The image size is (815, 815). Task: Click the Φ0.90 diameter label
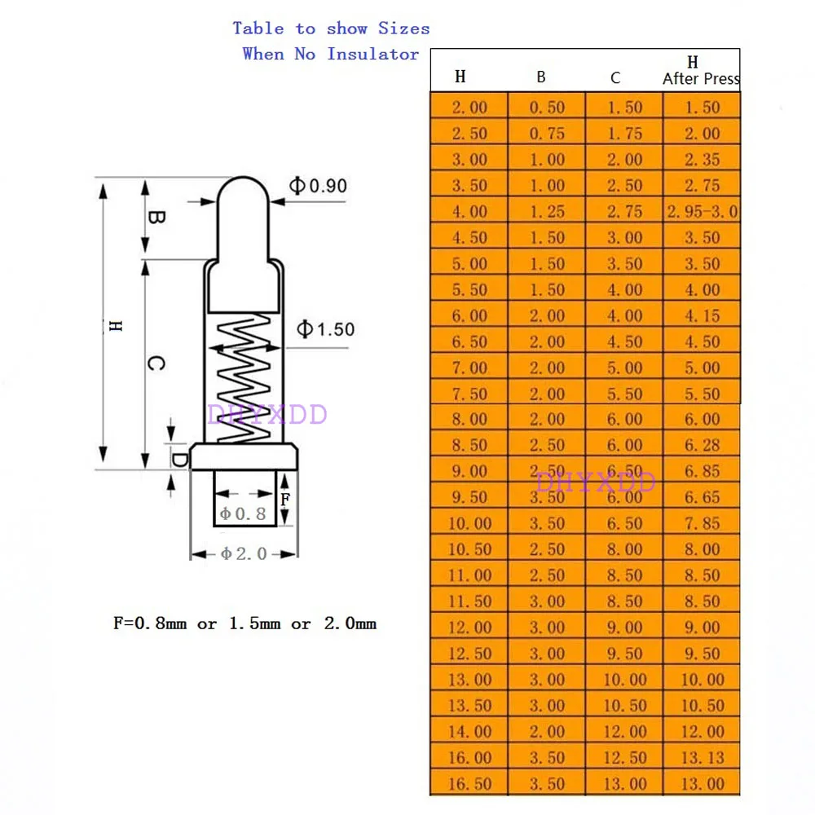pyautogui.click(x=319, y=186)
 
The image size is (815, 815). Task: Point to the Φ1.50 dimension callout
pyautogui.click(x=325, y=329)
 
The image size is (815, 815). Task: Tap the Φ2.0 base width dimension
pyautogui.click(x=244, y=553)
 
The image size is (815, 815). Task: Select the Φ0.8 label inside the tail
pyautogui.click(x=244, y=514)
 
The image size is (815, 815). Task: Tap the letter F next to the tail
pyautogui.click(x=284, y=499)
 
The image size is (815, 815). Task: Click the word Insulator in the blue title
pyautogui.click(x=373, y=55)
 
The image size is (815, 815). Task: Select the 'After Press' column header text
pyautogui.click(x=701, y=79)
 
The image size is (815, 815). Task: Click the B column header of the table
pyautogui.click(x=541, y=78)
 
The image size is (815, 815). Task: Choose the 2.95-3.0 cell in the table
pyautogui.click(x=702, y=212)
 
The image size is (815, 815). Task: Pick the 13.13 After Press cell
pyautogui.click(x=702, y=758)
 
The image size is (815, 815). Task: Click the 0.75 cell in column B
pyautogui.click(x=546, y=134)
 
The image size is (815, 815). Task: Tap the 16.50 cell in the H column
pyautogui.click(x=469, y=784)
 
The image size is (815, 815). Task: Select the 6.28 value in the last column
pyautogui.click(x=702, y=446)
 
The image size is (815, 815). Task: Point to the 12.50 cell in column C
pyautogui.click(x=624, y=758)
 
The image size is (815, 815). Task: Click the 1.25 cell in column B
pyautogui.click(x=546, y=212)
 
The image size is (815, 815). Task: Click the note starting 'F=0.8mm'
pyautogui.click(x=244, y=624)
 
